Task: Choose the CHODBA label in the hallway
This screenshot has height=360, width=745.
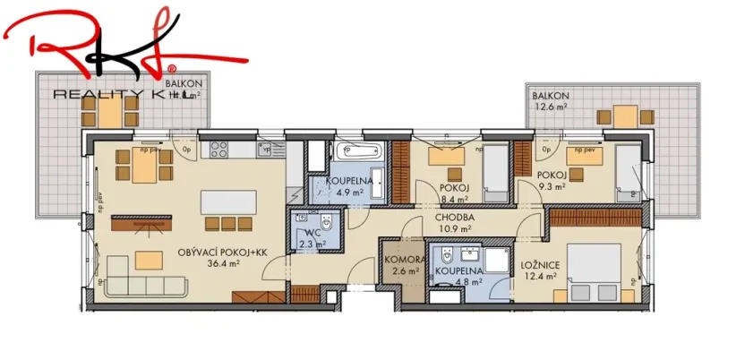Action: click(455, 217)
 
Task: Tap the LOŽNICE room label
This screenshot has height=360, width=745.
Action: click(540, 266)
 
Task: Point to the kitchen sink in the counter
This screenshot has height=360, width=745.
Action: click(266, 150)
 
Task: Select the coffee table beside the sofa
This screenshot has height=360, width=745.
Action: click(149, 259)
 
